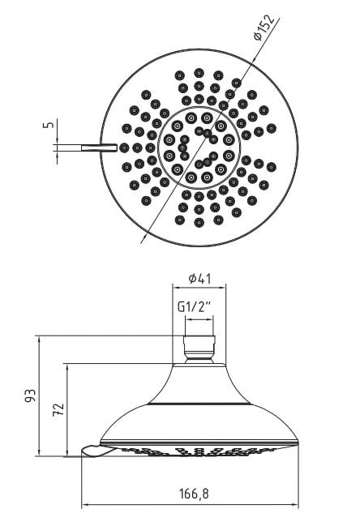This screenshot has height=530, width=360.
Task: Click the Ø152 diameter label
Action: pos(264,28)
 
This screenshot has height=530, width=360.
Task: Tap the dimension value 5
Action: pos(49,125)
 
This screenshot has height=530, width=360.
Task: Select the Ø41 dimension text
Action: pos(199,279)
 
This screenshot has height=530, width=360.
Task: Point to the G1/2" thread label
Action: pos(194,307)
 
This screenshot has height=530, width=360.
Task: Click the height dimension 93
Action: pos(30,395)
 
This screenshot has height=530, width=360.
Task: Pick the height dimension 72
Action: pos(58,410)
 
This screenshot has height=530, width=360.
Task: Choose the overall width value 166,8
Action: pos(194,494)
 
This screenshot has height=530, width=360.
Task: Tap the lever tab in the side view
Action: pos(97,451)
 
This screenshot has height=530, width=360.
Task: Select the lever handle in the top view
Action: pos(99,147)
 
